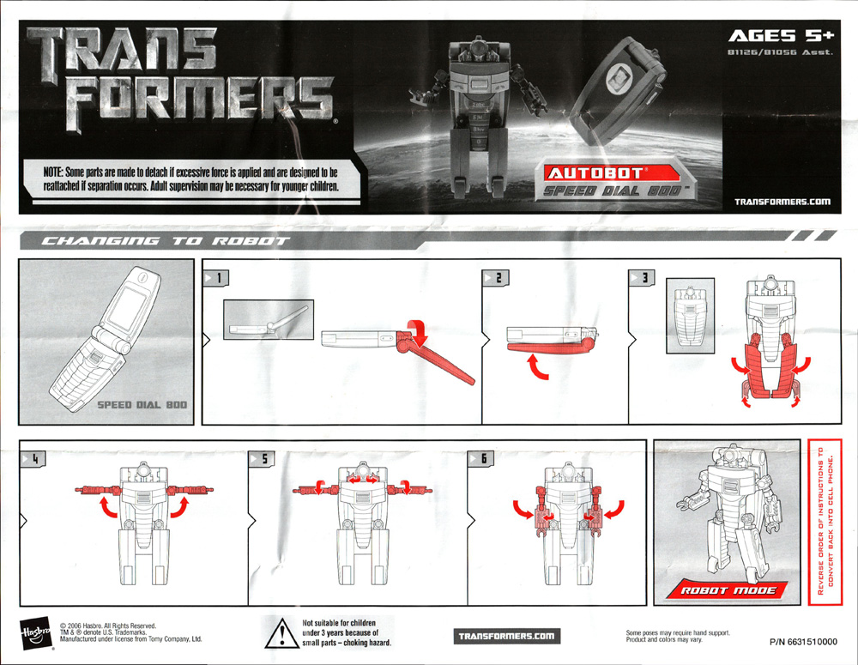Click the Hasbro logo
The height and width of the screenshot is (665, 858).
(x=36, y=634)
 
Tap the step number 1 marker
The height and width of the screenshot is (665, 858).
(x=216, y=278)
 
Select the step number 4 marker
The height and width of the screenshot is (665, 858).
(x=33, y=459)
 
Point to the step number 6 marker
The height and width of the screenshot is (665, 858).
(x=481, y=459)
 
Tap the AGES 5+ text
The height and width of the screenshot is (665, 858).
(x=781, y=36)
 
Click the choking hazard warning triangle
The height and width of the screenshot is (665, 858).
(x=281, y=633)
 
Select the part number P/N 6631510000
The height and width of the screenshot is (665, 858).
(x=803, y=642)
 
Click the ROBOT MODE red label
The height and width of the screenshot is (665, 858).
(x=728, y=590)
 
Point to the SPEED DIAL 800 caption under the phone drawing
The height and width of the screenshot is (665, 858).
(x=142, y=405)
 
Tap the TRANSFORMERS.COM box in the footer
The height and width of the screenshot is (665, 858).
(x=507, y=636)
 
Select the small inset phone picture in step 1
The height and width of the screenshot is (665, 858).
(x=269, y=319)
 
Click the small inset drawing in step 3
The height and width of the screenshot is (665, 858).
(x=690, y=316)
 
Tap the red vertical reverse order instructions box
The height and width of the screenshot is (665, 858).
(x=825, y=522)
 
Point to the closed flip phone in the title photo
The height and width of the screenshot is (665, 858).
(x=618, y=90)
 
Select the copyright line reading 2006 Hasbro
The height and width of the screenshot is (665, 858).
(x=108, y=626)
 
